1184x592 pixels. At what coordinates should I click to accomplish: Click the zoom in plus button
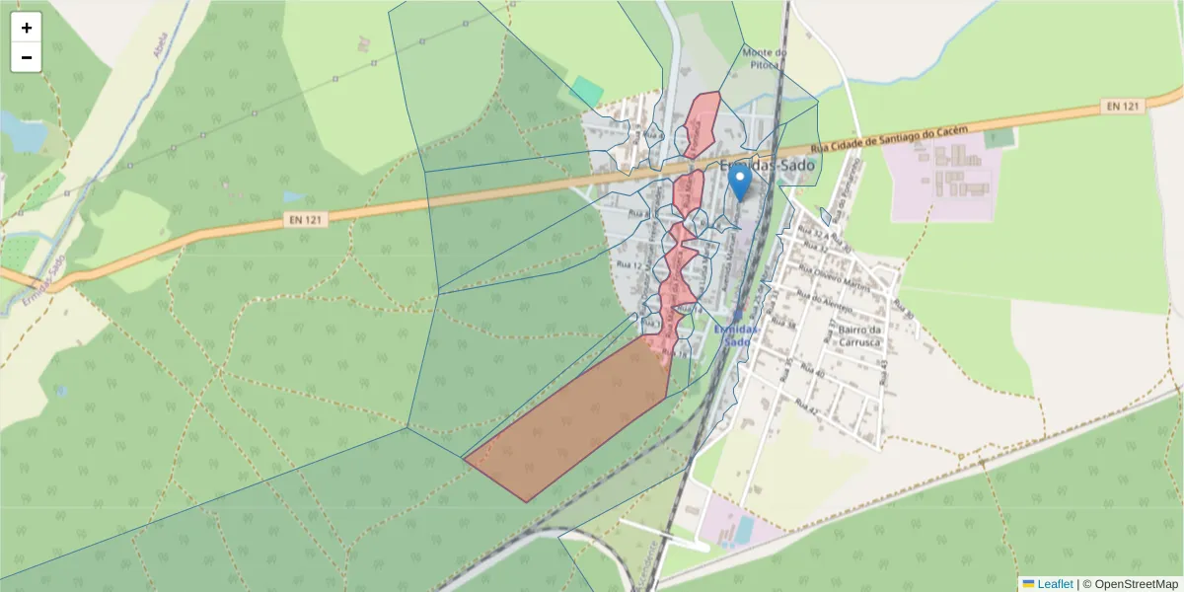click(27, 28)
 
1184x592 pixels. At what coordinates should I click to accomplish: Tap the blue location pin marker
click(738, 185)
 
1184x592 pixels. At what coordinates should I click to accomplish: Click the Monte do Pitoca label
click(763, 58)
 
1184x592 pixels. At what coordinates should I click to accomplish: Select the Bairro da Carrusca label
click(859, 335)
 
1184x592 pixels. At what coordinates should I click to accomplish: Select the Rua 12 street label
click(630, 265)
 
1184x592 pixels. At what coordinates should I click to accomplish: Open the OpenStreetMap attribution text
click(1130, 584)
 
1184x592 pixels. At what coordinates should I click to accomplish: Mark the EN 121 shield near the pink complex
click(1123, 106)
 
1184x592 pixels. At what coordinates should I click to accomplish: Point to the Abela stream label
click(162, 44)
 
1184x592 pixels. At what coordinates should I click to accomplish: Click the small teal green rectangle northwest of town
click(586, 92)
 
